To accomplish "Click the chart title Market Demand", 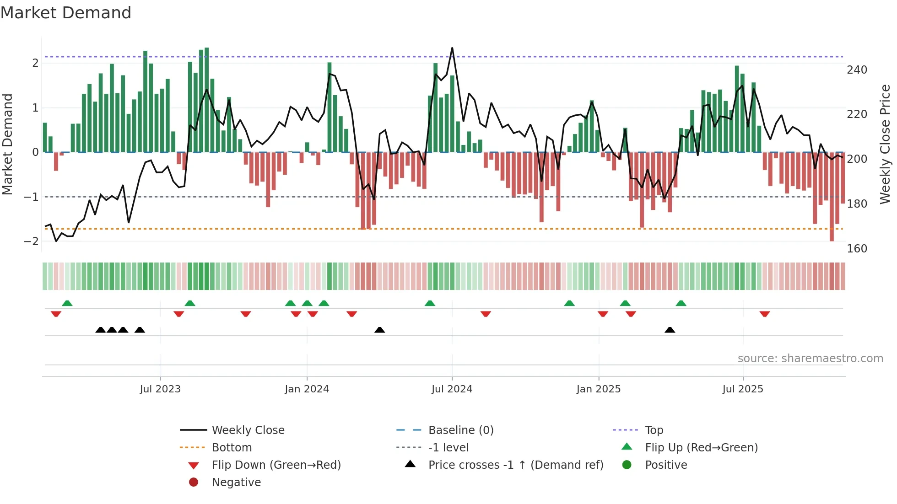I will point(66,13).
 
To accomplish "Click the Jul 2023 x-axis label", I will point(160,389).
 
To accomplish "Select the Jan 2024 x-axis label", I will point(307,389).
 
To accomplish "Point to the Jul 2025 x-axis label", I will point(743,389).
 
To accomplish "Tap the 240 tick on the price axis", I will point(857,70).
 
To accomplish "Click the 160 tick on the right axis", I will point(857,249).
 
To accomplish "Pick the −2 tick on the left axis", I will point(31,241).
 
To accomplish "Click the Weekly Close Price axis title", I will point(885,144).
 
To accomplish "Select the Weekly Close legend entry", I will point(248,430).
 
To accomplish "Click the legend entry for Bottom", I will point(232,448).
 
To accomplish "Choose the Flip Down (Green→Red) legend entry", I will point(276,465).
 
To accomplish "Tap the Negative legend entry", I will point(236,483).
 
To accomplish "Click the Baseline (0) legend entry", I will point(460,430).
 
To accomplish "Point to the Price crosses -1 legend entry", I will point(515,465).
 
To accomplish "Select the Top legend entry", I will point(654,430).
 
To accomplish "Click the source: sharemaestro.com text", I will point(810,359).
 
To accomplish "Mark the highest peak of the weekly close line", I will point(452,48).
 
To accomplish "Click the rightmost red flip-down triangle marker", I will point(765,314).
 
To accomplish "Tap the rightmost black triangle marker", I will point(670,330).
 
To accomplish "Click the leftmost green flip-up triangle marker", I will point(67,303).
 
